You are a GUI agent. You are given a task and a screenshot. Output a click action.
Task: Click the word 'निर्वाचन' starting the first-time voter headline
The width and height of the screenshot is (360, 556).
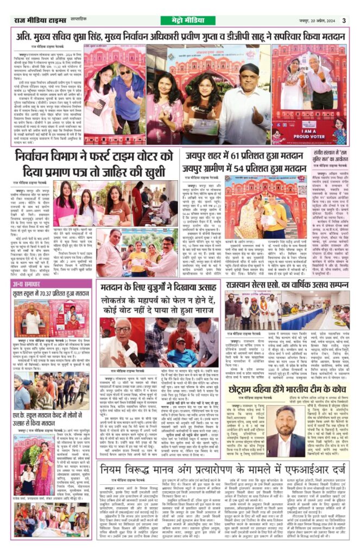(34, 156)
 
